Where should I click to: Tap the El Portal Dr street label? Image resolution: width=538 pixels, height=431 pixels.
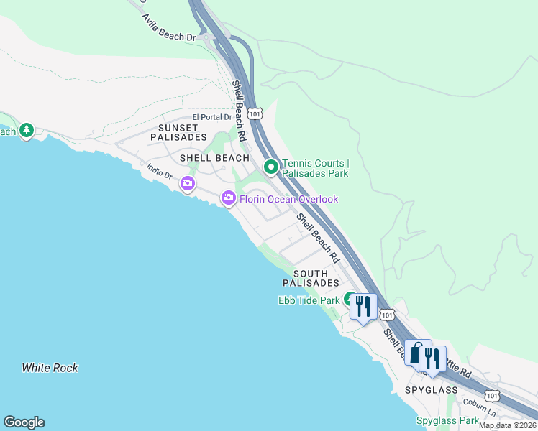[212, 117]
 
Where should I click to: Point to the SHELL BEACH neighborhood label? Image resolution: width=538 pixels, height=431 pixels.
[214, 158]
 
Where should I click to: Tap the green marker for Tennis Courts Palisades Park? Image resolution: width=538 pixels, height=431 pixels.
[271, 167]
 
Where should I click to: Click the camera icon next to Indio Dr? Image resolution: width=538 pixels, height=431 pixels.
[188, 184]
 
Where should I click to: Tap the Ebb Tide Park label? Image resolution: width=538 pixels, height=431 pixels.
[309, 300]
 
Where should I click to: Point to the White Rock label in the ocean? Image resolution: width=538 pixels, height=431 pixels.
[50, 368]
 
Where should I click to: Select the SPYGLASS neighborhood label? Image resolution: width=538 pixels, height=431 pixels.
[431, 390]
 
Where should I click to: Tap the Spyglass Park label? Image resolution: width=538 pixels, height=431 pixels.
[447, 420]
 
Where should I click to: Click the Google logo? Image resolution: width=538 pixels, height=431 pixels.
[24, 422]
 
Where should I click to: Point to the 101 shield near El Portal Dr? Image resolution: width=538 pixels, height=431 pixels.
[255, 113]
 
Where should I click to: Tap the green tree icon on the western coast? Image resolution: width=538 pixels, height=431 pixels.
[27, 131]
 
